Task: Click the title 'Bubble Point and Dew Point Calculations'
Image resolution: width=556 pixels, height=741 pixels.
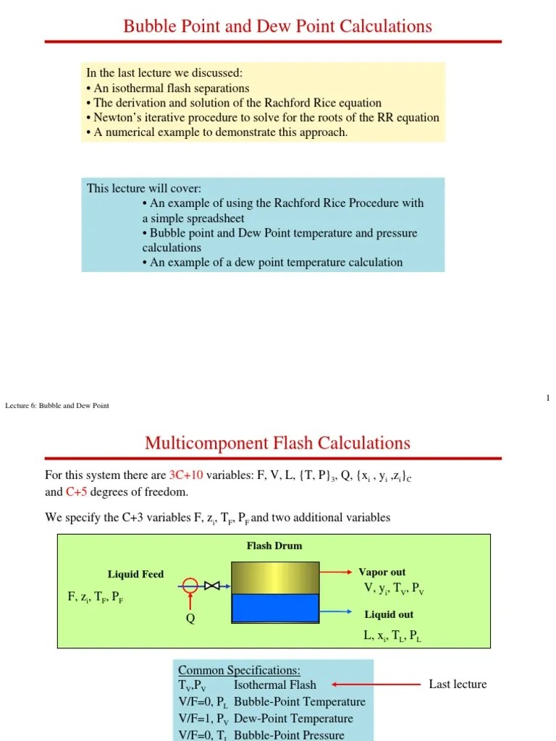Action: (277, 27)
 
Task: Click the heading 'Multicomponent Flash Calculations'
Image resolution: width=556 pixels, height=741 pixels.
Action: (277, 442)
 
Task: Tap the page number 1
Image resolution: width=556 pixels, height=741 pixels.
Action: (548, 398)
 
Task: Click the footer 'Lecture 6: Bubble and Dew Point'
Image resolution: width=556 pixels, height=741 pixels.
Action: (57, 406)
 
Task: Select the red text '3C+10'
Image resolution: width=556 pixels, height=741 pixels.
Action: (186, 475)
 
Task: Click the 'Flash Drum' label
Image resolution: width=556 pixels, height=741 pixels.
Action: (274, 546)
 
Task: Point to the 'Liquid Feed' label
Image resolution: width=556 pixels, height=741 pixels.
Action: (135, 575)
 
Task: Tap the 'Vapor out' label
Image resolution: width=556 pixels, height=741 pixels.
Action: (382, 572)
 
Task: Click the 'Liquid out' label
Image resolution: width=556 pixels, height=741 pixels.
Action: (389, 614)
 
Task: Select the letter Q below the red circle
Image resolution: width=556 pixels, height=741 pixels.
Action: (190, 618)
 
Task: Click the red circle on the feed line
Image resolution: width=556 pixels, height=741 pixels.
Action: (190, 585)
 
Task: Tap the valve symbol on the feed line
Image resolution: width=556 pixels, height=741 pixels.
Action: (212, 585)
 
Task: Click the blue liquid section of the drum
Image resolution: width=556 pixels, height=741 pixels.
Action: (275, 608)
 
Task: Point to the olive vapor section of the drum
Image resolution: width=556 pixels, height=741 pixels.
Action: (275, 577)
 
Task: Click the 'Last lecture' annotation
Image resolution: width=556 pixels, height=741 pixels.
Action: (458, 684)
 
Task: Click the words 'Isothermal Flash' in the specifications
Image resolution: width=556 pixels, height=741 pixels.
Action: (275, 685)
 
